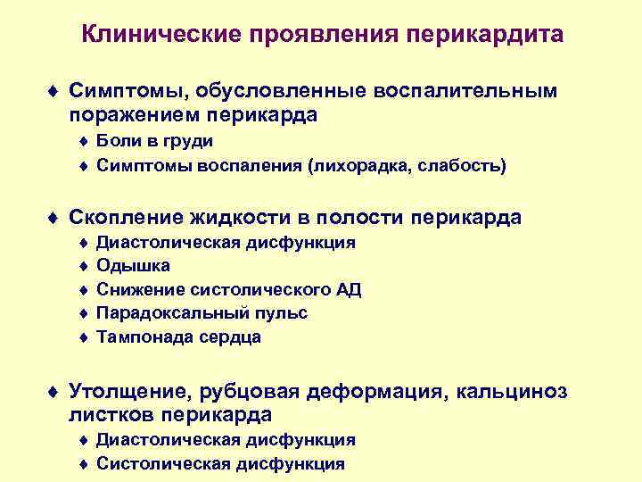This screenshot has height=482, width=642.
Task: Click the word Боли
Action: [x=116, y=141]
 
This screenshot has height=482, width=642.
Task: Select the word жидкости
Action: [x=240, y=217]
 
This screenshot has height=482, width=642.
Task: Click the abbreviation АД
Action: [x=349, y=290]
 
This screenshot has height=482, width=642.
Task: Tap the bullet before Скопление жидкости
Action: [x=55, y=218]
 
